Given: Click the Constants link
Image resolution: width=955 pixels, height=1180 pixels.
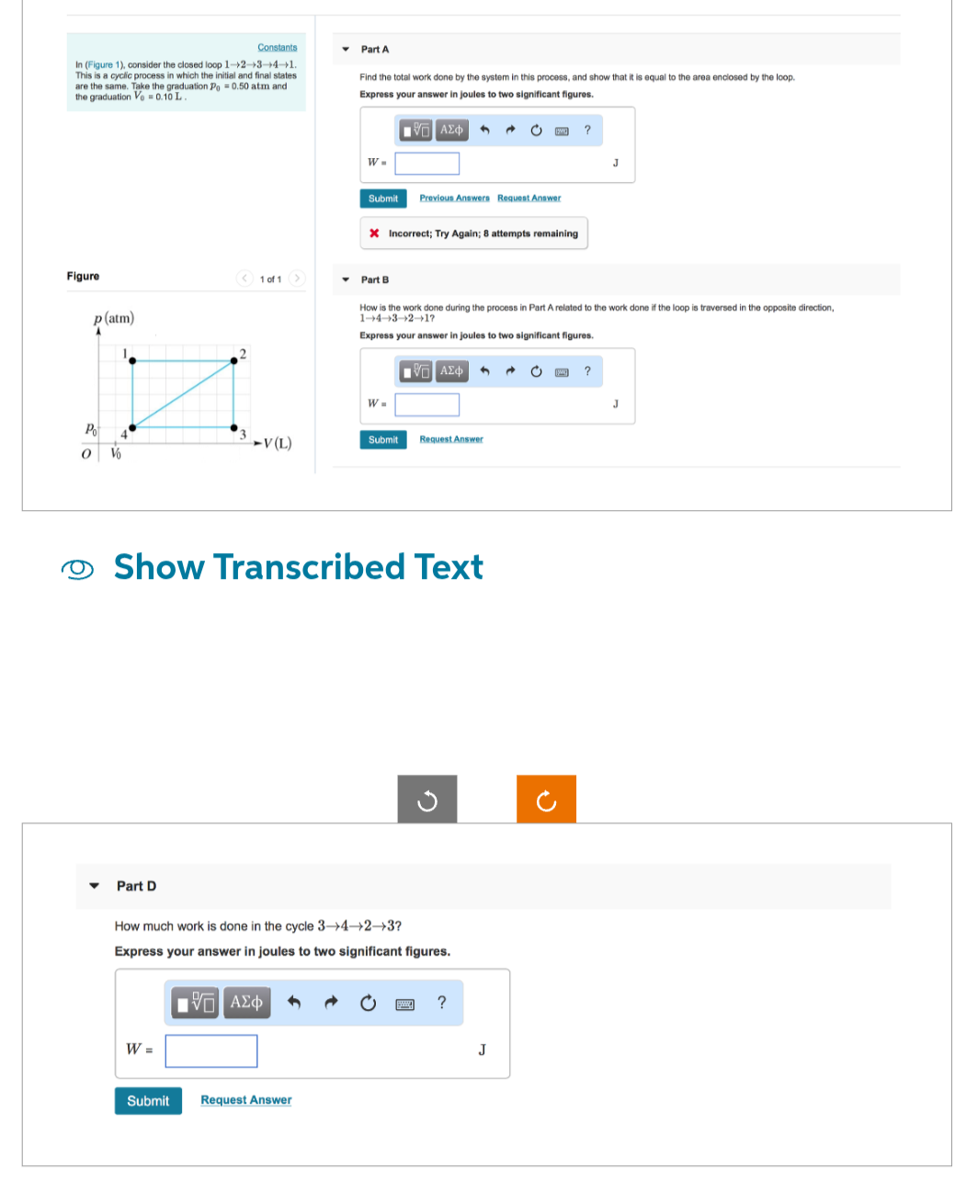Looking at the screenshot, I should point(277,47).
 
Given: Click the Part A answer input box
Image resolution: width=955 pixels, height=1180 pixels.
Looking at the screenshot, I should point(427,164).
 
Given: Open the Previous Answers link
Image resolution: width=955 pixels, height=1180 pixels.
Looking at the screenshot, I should point(454,198).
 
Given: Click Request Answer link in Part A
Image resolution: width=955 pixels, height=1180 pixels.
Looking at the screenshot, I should point(529,198).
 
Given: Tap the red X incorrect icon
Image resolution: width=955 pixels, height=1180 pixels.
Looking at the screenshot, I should point(374,233).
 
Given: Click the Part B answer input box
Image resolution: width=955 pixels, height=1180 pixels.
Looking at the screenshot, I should point(427,404).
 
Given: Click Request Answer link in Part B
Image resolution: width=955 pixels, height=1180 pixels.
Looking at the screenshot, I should point(451,439).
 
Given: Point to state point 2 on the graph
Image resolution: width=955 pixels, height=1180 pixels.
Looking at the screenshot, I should point(233,360).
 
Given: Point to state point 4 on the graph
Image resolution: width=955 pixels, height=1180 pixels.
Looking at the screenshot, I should point(132,427).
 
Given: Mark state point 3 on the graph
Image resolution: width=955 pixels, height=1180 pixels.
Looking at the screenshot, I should point(233,427).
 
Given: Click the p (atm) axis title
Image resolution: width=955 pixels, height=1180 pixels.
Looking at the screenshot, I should point(114,318).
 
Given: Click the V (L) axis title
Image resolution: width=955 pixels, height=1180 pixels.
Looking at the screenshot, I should point(277,444).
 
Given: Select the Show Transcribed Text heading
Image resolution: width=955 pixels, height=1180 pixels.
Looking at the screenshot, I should point(298,567).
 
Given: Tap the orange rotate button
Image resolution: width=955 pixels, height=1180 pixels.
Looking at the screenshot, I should point(546,800).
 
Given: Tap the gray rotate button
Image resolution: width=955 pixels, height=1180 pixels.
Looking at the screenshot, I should point(426,800).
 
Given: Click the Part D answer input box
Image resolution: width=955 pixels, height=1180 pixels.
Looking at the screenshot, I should point(211,1050).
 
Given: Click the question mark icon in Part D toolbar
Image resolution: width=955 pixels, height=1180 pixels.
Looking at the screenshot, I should point(441,1003).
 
